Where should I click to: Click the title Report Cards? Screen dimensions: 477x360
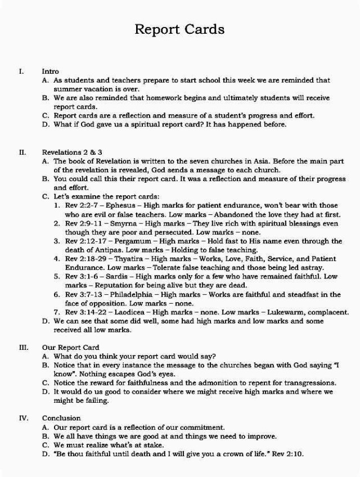coord(179,29)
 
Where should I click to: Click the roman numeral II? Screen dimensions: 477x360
coord(22,152)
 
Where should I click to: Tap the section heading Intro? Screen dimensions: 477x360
coord(50,72)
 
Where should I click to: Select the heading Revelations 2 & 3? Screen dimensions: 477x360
coord(72,152)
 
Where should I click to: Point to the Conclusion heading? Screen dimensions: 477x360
coord(61,418)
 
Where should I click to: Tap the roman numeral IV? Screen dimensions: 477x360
coord(22,418)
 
